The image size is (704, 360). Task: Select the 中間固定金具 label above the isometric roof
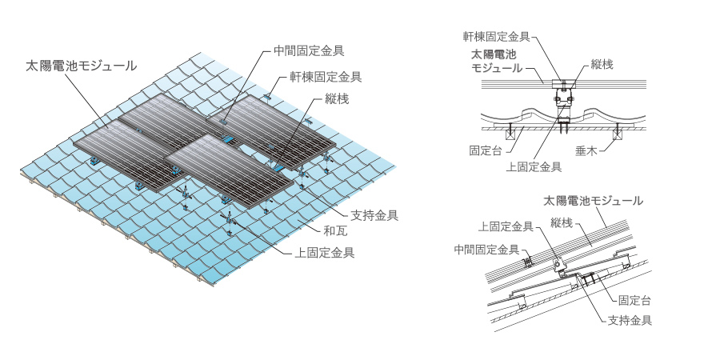(308, 50)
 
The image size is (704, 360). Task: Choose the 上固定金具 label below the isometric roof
(325, 252)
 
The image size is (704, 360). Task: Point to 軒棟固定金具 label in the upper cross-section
(497, 36)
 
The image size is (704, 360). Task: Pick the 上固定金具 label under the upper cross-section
(534, 167)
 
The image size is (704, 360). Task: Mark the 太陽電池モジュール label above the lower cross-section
(594, 200)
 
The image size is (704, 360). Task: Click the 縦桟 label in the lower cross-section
(562, 223)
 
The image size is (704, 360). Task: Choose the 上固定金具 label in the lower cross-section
(506, 227)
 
